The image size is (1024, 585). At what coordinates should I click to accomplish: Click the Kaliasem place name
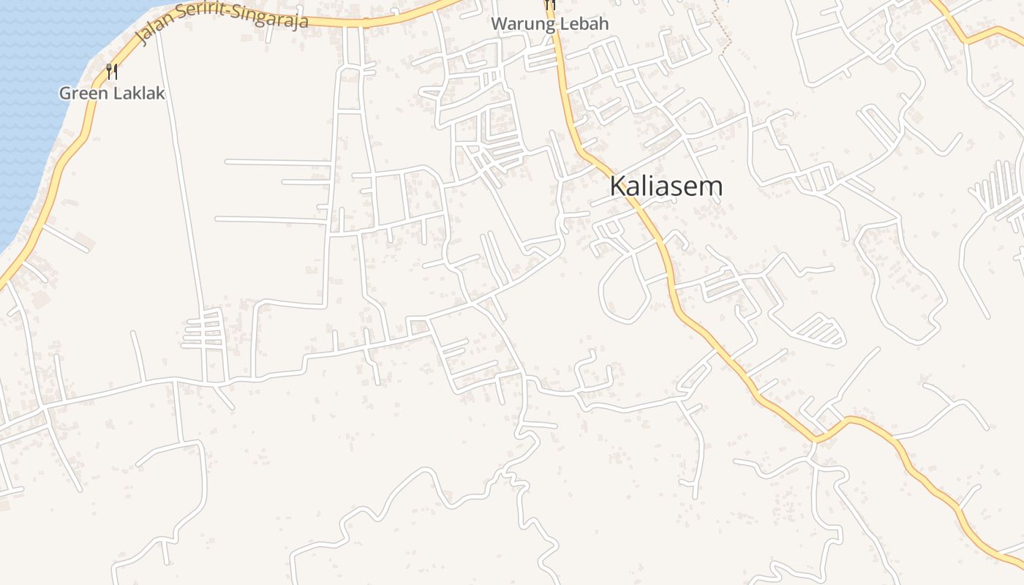pyautogui.click(x=666, y=186)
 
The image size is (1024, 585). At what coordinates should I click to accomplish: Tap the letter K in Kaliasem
pyautogui.click(x=617, y=186)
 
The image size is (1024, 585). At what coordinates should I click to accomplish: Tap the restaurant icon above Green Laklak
pyautogui.click(x=112, y=72)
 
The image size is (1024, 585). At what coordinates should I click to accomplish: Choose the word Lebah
pyautogui.click(x=581, y=24)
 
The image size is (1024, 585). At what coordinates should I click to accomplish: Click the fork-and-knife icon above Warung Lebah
pyautogui.click(x=550, y=4)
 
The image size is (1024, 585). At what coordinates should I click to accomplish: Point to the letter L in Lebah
pyautogui.click(x=560, y=24)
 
